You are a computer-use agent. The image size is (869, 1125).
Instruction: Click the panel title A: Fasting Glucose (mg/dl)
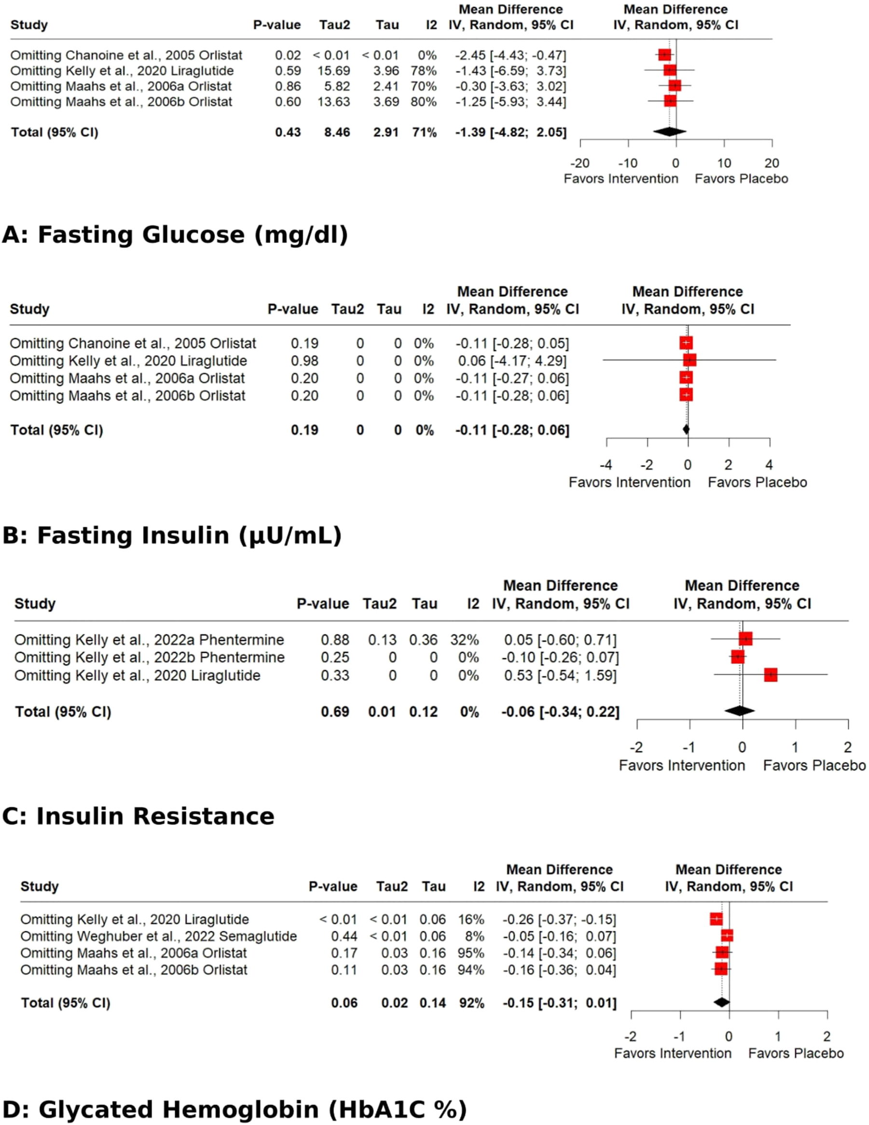point(175,235)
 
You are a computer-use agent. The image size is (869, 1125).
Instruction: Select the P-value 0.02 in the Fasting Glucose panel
point(287,55)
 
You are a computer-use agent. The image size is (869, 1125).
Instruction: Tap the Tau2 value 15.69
point(333,70)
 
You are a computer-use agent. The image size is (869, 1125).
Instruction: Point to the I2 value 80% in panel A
point(423,101)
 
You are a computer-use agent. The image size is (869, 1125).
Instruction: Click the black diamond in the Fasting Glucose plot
point(669,132)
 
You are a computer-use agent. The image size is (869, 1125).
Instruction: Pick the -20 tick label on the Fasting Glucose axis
point(579,163)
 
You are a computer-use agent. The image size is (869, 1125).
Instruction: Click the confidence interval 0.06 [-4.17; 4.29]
point(512,361)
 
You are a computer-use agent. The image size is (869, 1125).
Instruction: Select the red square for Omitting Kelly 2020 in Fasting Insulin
point(690,360)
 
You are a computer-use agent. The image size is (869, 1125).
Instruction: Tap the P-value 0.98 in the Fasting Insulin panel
point(304,361)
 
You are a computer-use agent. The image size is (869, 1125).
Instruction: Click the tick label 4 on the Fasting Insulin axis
point(769,464)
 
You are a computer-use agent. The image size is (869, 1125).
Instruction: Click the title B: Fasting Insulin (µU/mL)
point(172,536)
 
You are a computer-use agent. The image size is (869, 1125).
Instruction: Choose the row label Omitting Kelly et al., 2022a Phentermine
point(149,640)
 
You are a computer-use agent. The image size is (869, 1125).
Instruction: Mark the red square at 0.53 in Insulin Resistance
point(770,675)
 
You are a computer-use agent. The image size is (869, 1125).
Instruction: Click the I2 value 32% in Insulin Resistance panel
point(464,640)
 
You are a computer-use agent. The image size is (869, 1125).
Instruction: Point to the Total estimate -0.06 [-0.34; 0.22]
point(560,712)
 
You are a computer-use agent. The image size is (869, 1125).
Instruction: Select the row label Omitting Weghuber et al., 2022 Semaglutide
point(159,936)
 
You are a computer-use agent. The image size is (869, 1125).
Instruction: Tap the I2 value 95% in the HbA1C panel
point(470,953)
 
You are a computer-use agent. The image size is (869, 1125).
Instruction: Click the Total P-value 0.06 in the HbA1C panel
point(344,1003)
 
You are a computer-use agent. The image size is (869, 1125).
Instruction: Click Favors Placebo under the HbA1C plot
point(795,1053)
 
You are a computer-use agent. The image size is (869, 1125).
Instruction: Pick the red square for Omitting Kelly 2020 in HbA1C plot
point(716,919)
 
